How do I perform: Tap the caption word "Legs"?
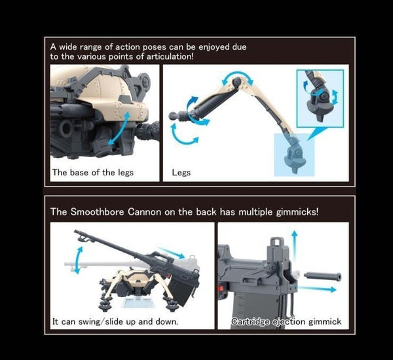181,173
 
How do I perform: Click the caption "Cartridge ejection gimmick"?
286,322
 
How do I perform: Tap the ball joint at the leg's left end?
173,114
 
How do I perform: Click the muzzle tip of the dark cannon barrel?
77,232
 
